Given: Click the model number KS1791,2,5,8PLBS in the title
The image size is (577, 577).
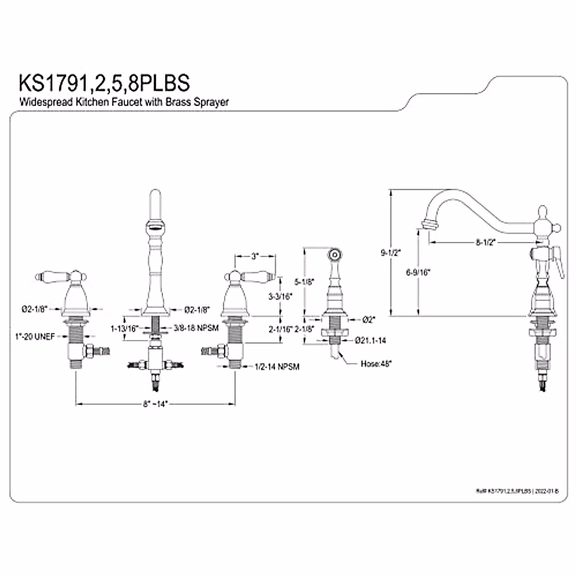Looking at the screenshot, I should point(104,82).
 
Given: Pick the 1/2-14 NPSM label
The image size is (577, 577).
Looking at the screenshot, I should point(277,367).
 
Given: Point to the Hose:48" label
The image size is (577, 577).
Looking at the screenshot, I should point(376,364).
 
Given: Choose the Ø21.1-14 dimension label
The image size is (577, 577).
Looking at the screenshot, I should point(371,340).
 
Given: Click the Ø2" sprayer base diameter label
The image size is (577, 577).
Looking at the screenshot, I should point(369,319).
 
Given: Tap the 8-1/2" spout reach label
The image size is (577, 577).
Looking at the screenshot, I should point(486,243).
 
